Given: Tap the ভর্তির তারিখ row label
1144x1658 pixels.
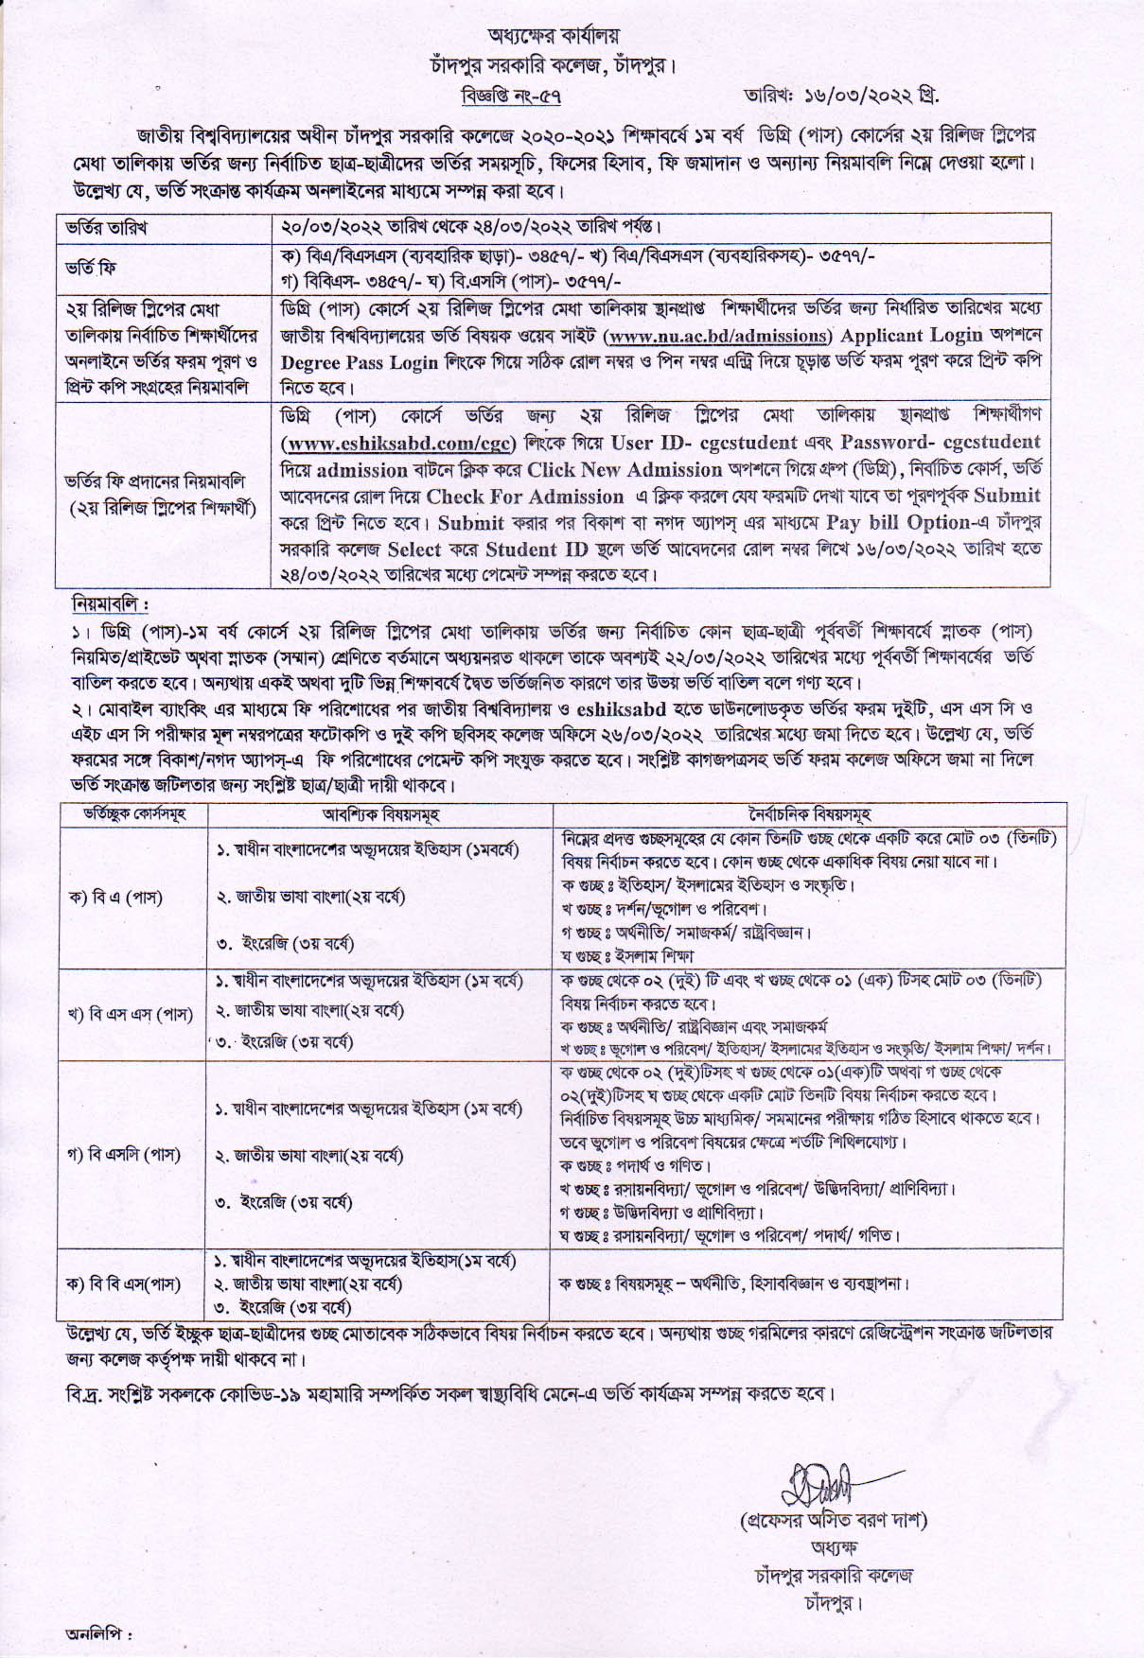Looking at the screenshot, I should (106, 228).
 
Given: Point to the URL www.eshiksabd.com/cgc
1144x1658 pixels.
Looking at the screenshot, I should (400, 443).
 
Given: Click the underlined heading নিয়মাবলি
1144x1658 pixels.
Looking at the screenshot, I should (109, 603).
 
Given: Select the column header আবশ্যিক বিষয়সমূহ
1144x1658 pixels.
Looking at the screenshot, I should (379, 813).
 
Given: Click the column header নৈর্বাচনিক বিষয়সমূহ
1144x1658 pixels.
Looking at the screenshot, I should (809, 813).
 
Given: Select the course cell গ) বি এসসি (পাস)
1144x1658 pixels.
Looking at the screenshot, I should (124, 1154).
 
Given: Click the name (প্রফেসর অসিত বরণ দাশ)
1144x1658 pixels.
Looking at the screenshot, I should (833, 1521).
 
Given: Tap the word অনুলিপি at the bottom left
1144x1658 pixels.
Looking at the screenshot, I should (97, 1633).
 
